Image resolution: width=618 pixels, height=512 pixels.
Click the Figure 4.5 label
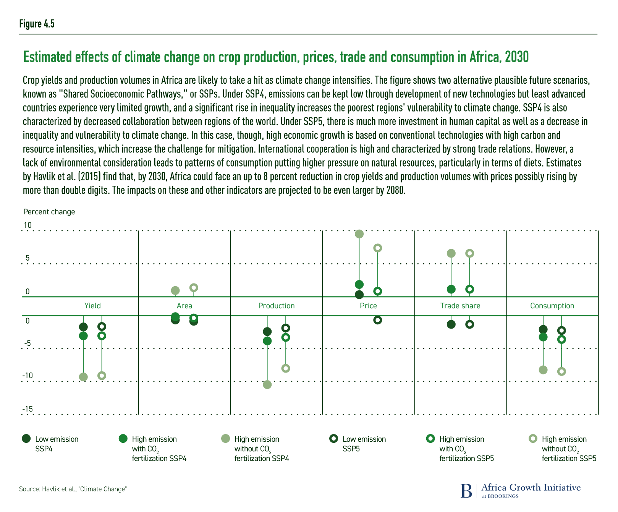tap(37, 24)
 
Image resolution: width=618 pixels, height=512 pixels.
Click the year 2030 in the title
tap(516, 57)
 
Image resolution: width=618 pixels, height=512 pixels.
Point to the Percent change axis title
tap(49, 212)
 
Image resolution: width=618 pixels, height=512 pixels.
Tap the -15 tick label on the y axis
tap(28, 409)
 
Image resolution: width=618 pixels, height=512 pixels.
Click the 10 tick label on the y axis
tap(28, 225)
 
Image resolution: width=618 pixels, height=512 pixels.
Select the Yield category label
tap(92, 306)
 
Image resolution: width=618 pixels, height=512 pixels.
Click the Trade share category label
tap(460, 306)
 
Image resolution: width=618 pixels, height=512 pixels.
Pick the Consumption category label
tap(552, 306)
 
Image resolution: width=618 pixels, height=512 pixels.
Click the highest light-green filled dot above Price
tap(359, 234)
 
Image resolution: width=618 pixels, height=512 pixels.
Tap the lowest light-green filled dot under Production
tap(267, 384)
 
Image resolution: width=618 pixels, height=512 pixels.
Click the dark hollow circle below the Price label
tap(377, 320)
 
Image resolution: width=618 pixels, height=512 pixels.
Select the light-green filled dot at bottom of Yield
tap(83, 377)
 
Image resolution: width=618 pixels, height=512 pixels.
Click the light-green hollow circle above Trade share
tap(469, 253)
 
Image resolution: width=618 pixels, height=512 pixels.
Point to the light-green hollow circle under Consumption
tap(561, 371)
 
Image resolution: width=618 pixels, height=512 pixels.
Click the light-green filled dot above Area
tap(175, 290)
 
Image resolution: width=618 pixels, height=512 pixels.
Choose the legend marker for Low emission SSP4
tap(26, 439)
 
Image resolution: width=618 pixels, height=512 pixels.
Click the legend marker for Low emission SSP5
tap(333, 439)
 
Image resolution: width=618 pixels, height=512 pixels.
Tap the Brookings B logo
tap(466, 491)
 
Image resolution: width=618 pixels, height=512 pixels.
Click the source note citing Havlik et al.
tap(73, 489)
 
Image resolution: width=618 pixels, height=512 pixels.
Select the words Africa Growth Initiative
tap(531, 488)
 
